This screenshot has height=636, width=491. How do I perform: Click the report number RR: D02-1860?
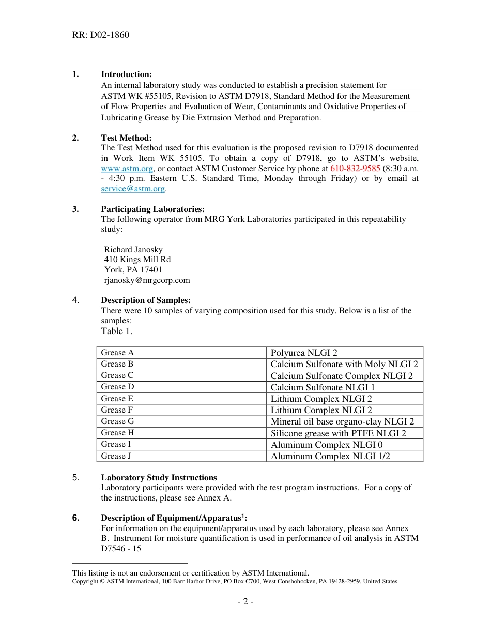(100, 35)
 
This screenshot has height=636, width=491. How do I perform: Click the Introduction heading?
(126, 74)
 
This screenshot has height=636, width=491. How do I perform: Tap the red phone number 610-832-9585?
(355, 169)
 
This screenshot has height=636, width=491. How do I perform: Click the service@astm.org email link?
(133, 189)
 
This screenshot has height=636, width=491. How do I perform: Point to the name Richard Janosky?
(133, 249)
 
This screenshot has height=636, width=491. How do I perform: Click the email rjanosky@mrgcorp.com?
(147, 280)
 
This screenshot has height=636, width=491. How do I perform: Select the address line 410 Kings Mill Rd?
(137, 260)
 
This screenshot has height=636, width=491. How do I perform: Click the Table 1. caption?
(116, 331)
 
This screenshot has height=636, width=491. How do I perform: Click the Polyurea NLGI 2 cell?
(304, 353)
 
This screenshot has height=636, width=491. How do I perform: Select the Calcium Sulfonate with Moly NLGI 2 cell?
(344, 364)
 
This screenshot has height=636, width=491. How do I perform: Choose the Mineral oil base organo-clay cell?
(342, 421)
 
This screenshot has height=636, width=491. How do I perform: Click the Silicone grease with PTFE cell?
(338, 433)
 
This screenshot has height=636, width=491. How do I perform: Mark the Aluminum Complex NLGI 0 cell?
(327, 445)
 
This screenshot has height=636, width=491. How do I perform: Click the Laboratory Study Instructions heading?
(159, 477)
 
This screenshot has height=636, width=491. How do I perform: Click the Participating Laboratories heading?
(152, 209)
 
